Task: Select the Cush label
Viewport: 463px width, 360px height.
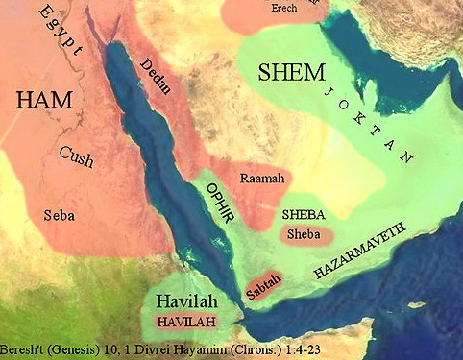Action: pyautogui.click(x=76, y=154)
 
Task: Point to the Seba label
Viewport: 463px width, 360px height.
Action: pyautogui.click(x=60, y=216)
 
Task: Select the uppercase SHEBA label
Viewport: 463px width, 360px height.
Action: pyautogui.click(x=302, y=215)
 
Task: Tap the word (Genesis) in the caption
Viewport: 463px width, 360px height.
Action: pyautogui.click(x=78, y=351)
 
